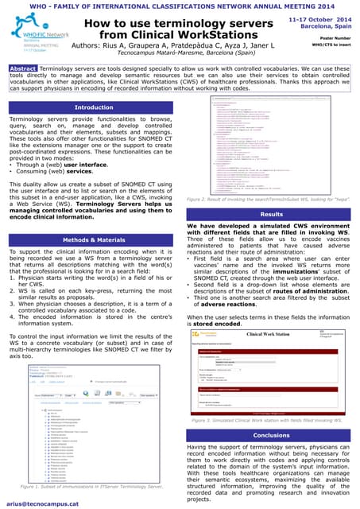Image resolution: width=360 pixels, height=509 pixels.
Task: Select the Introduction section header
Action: (x=93, y=107)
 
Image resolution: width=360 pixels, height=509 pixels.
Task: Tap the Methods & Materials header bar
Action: (x=93, y=239)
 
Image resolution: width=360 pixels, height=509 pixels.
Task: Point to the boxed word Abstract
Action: (x=22, y=69)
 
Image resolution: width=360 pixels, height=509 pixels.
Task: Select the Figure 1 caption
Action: (x=93, y=484)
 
